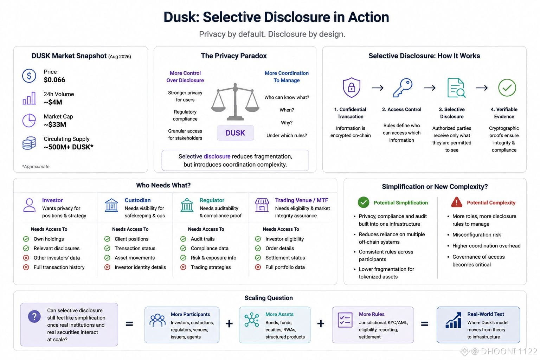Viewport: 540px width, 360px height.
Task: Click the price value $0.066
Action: click(x=54, y=80)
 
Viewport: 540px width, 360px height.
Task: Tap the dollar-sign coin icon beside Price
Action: click(x=29, y=76)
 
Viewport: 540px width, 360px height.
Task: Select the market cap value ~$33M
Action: click(x=55, y=125)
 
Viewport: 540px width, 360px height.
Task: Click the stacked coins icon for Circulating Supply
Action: click(x=29, y=143)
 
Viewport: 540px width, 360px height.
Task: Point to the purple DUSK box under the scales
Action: click(x=235, y=133)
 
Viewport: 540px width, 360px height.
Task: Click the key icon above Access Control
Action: click(x=402, y=88)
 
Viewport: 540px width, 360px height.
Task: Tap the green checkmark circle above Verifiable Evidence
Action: click(x=507, y=88)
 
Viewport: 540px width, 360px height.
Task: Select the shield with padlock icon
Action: click(x=352, y=88)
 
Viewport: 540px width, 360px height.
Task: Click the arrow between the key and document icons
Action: click(x=430, y=88)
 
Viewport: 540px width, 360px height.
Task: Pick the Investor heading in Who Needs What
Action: click(x=52, y=200)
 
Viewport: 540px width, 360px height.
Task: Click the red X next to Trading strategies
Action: click(x=183, y=267)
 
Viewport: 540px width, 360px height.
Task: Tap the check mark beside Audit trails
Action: click(x=183, y=239)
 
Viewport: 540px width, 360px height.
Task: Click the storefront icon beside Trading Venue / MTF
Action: click(x=262, y=205)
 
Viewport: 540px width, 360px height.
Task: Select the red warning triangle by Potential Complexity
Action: click(x=457, y=202)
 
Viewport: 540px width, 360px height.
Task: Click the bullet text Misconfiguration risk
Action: click(x=477, y=234)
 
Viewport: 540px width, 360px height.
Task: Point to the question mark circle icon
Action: click(x=34, y=316)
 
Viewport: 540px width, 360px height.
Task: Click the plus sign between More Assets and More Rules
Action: click(x=321, y=323)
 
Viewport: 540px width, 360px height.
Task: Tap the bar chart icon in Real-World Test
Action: click(x=454, y=321)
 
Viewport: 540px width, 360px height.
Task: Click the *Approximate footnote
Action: click(x=36, y=167)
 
